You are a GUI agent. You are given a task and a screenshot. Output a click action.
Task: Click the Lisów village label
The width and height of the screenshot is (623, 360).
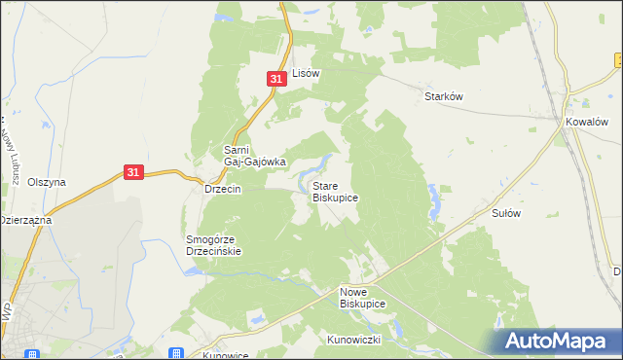tap(307, 73)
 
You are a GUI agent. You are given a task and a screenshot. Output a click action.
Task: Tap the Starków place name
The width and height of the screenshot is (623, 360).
tap(443, 96)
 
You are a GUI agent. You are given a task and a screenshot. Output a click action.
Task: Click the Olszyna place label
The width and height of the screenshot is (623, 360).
tap(47, 182)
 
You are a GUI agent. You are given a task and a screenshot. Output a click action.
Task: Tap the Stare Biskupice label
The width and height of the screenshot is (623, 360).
tap(335, 191)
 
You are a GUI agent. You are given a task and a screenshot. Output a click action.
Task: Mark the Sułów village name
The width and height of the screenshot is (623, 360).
tap(507, 211)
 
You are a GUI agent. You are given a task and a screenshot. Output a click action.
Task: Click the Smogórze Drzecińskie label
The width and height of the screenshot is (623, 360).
tap(213, 244)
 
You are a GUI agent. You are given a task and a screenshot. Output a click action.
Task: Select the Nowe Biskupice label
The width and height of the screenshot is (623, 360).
tap(362, 298)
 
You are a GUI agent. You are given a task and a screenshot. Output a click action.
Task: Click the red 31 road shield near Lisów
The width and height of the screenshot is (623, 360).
tap(276, 78)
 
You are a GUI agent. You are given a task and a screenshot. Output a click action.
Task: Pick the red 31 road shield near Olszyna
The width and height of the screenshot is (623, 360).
tap(135, 172)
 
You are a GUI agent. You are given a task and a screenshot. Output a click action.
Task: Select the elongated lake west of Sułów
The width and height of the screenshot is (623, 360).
tap(432, 199)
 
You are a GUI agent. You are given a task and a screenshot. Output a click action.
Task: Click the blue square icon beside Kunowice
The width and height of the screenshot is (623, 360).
tap(175, 354)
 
